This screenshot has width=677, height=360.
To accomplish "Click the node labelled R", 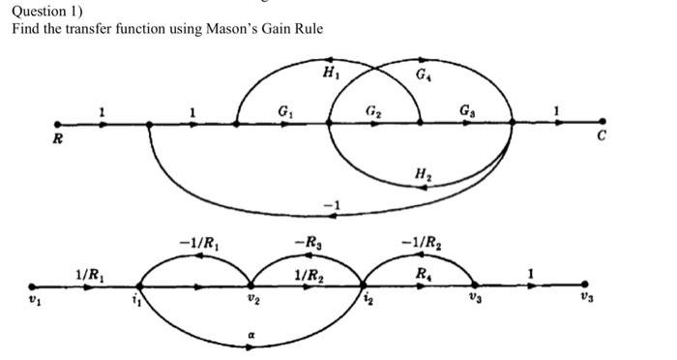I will point(58,124).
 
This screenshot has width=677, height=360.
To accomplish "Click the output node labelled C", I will point(603,123).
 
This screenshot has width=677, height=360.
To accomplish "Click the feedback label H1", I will point(331,72).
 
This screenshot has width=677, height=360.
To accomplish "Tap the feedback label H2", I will point(423,174).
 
